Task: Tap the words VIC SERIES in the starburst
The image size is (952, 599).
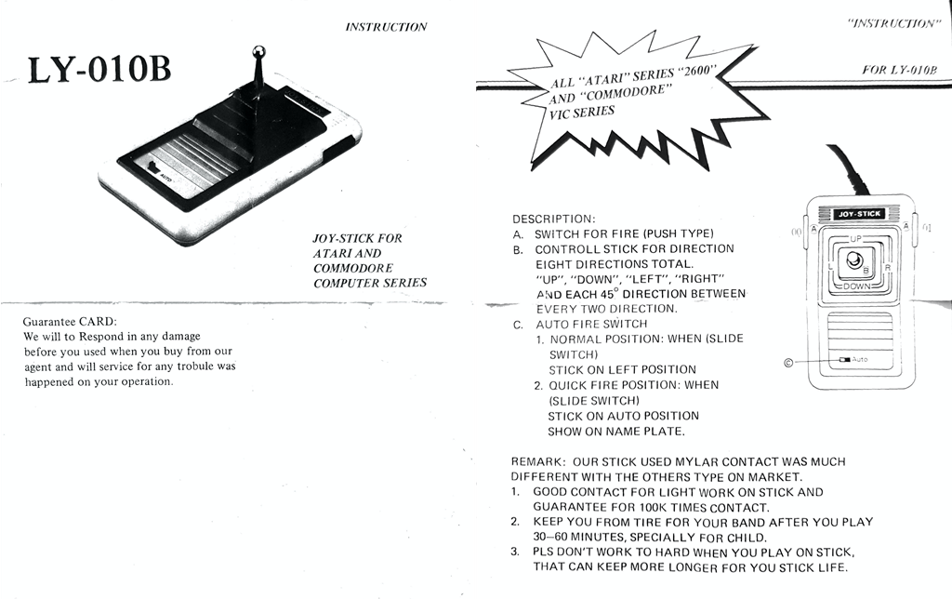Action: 582,113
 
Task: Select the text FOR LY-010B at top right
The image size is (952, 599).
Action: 898,70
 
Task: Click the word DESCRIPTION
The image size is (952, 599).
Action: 553,219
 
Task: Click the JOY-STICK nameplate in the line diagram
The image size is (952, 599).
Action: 859,214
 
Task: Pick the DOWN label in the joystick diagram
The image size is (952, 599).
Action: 857,287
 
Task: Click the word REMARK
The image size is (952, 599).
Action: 537,461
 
